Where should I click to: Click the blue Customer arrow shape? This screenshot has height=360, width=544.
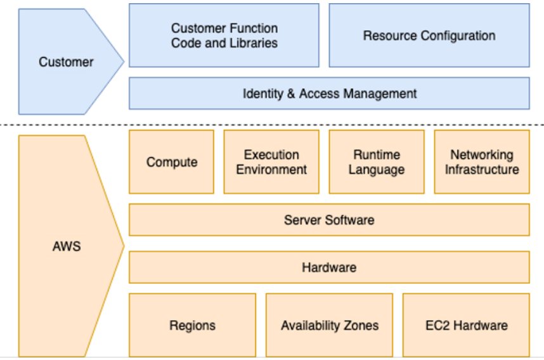click(66, 61)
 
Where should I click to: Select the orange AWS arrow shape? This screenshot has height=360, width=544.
click(67, 246)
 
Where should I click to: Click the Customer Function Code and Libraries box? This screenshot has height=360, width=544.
click(224, 35)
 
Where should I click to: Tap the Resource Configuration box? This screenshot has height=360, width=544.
click(429, 35)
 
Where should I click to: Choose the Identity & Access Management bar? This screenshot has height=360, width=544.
click(329, 94)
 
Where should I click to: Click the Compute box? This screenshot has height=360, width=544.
click(171, 162)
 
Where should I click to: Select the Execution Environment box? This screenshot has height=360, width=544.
click(271, 162)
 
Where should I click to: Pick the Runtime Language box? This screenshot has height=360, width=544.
click(376, 162)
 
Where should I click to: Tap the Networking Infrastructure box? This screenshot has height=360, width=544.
click(481, 162)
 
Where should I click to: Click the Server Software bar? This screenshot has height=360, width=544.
click(329, 220)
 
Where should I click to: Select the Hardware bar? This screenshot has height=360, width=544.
click(329, 267)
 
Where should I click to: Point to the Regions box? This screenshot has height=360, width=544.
click(192, 325)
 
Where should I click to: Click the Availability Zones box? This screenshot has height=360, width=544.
click(329, 325)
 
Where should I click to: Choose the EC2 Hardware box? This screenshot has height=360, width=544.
click(466, 325)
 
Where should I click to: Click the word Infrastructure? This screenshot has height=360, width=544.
click(481, 170)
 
